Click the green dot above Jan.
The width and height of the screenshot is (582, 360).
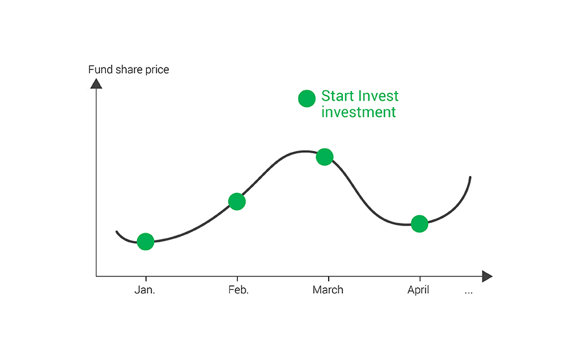(145, 242)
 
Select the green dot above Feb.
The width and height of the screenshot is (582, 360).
(237, 201)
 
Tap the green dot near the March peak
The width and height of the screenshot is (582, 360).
(325, 157)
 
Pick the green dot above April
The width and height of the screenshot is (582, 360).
(420, 224)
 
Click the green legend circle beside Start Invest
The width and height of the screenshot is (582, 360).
(307, 98)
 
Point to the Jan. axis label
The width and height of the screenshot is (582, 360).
(144, 290)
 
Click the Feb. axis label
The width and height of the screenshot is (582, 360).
(238, 290)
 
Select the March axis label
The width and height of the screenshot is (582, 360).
(328, 290)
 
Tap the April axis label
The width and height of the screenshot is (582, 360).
(418, 290)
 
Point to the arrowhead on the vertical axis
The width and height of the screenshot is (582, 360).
(96, 84)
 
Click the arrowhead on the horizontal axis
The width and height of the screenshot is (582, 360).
(487, 276)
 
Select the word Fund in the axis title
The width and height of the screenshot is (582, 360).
(100, 70)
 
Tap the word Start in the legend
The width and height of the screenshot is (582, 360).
(337, 96)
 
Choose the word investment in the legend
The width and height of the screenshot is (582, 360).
(359, 112)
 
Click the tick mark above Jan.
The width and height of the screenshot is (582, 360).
(146, 279)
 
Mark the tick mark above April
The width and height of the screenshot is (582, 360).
(420, 279)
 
